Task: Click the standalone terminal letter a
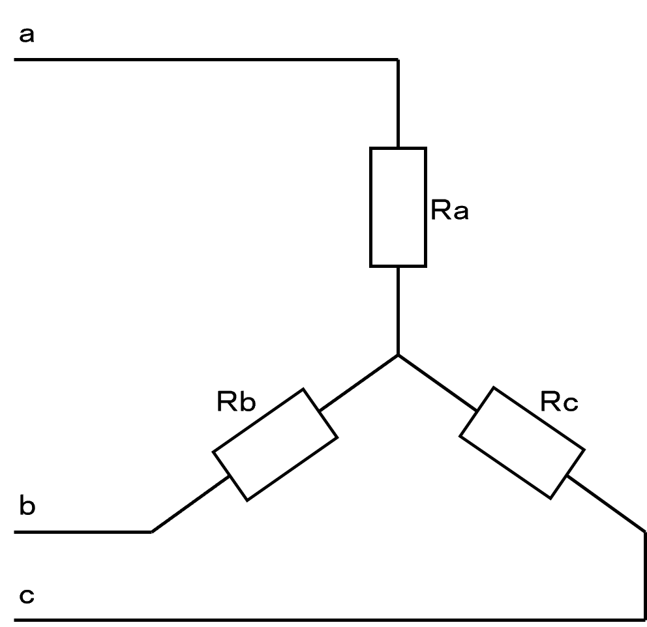[27, 35]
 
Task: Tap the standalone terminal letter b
[27, 506]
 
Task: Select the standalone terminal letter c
[27, 596]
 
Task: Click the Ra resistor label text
[449, 211]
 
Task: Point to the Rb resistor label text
[235, 402]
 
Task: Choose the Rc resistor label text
[559, 402]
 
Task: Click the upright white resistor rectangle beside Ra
[398, 207]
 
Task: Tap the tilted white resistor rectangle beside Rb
[275, 444]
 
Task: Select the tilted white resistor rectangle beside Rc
[521, 443]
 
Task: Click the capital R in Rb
[226, 402]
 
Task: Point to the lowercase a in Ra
[460, 213]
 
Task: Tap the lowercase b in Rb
[246, 402]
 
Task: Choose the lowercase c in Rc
[569, 404]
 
